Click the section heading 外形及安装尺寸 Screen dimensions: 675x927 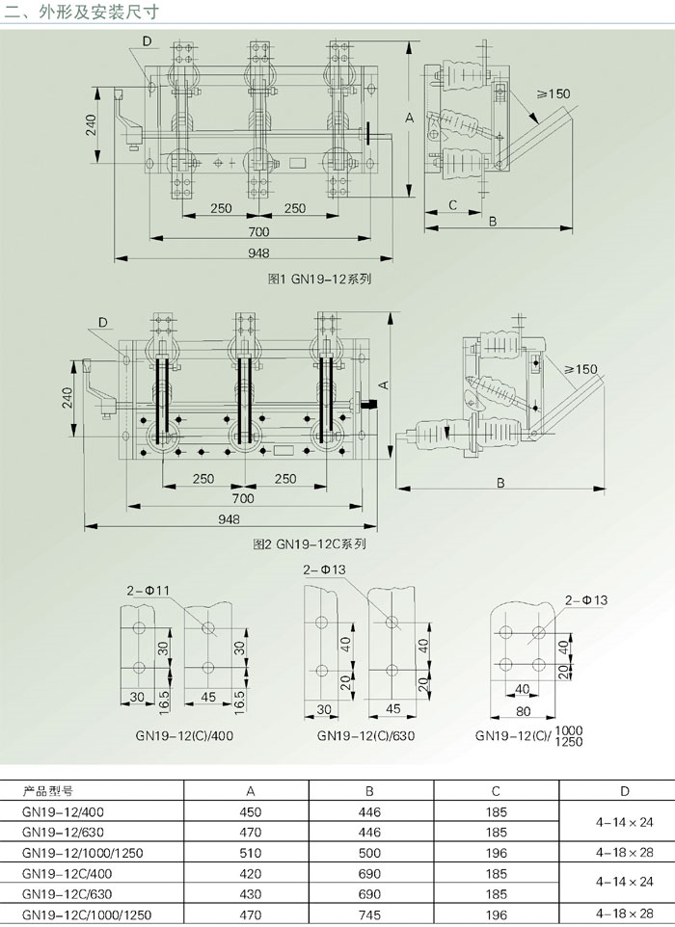[x=99, y=12]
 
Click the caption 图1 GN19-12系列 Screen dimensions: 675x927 [x=319, y=279]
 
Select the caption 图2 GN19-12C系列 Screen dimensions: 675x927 [x=310, y=543]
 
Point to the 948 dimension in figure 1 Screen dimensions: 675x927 [x=258, y=253]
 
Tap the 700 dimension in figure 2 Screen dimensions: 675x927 [x=243, y=498]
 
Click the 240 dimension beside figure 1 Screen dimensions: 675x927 [x=91, y=124]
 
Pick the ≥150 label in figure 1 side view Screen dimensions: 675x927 [x=553, y=93]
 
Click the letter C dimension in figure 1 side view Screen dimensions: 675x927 [x=452, y=205]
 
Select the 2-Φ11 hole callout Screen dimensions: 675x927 [x=148, y=590]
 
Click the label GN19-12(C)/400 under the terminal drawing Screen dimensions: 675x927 [x=184, y=736]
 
